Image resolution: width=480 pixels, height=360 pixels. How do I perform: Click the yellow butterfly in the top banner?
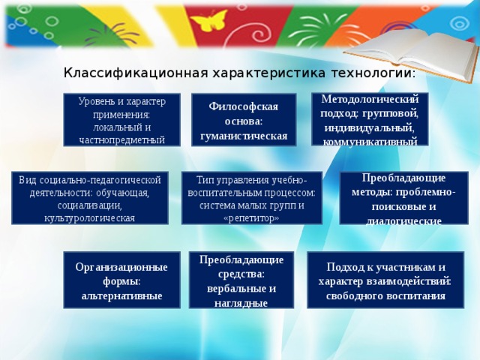click(210, 20)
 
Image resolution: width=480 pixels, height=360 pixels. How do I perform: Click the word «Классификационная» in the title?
click(131, 73)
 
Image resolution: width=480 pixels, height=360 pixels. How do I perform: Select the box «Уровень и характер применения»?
click(121, 119)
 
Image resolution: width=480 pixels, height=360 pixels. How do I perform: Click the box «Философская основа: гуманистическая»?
click(244, 120)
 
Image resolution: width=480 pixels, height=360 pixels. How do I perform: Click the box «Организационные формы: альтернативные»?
click(121, 280)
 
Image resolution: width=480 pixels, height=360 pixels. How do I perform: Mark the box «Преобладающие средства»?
click(241, 280)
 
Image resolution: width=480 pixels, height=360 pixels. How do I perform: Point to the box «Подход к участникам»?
click(385, 280)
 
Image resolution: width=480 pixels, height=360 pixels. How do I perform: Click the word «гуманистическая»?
click(244, 136)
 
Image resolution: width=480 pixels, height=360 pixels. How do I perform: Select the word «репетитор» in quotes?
click(251, 218)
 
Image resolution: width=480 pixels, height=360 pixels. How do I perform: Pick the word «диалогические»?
click(403, 221)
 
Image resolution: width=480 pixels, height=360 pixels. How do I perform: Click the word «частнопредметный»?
click(121, 139)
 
